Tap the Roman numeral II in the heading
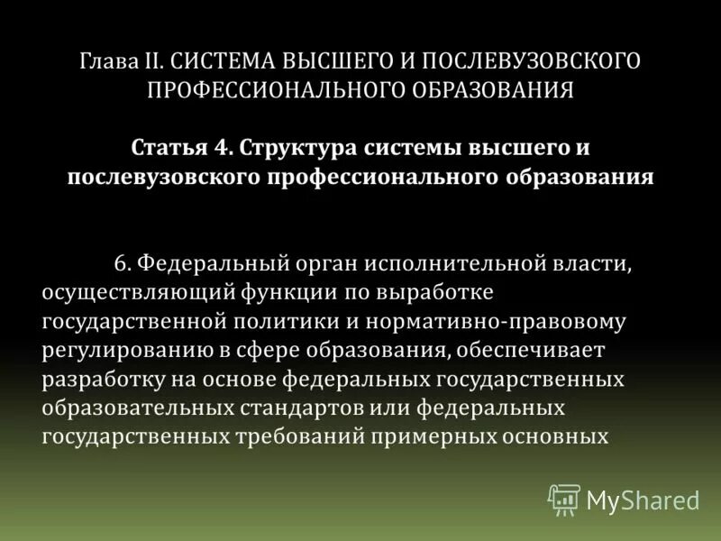click(152, 62)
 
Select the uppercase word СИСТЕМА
click(222, 62)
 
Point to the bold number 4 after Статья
click(213, 146)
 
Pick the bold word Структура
click(279, 146)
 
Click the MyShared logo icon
click(563, 498)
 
